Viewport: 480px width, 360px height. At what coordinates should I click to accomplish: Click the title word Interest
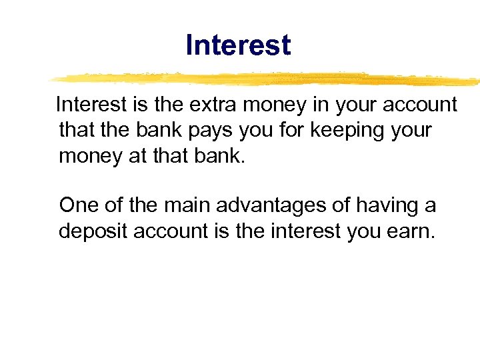(238, 45)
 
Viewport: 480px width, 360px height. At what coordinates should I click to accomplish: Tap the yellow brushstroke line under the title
(267, 78)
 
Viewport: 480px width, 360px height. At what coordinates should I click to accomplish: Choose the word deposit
(93, 231)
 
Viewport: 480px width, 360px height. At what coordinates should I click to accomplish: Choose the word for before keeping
(273, 130)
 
